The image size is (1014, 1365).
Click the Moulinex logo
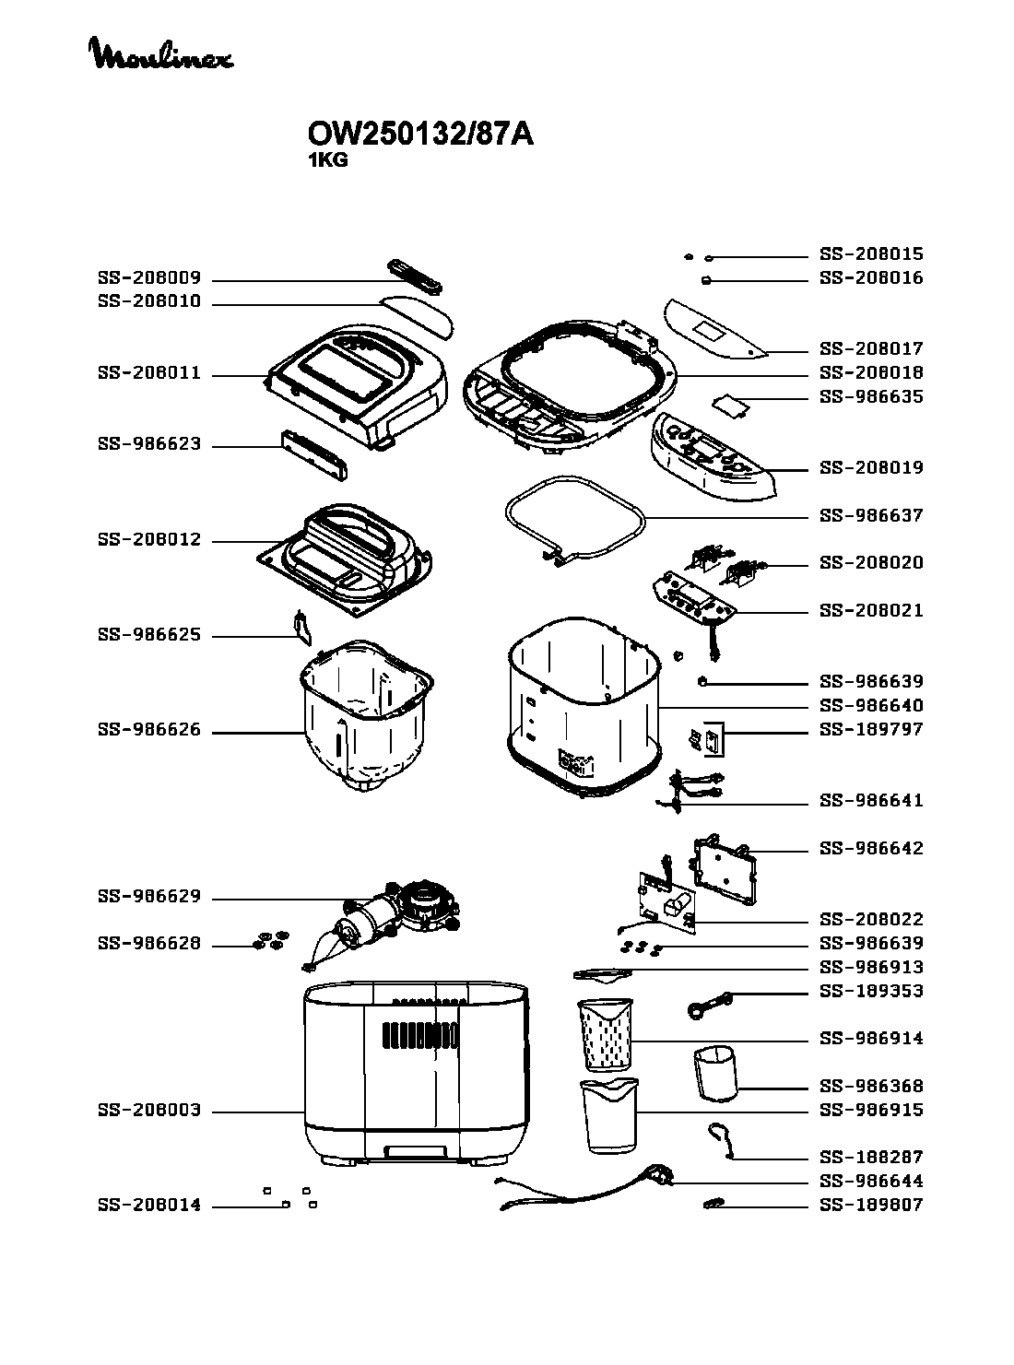point(161,53)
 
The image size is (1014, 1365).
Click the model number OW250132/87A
point(420,135)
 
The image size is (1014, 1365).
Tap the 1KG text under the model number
point(327,160)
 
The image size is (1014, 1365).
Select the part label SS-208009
point(149,278)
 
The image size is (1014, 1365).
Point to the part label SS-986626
point(149,730)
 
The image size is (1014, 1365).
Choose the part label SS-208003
point(149,1111)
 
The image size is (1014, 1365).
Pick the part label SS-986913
point(871,968)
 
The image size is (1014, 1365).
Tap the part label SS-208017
point(871,349)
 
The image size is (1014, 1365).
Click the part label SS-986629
point(149,897)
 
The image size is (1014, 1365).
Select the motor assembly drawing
point(384,924)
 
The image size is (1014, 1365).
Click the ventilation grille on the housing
point(420,1035)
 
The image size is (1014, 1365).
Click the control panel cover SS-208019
point(713,456)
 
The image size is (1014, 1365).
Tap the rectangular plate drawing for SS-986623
point(314,455)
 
